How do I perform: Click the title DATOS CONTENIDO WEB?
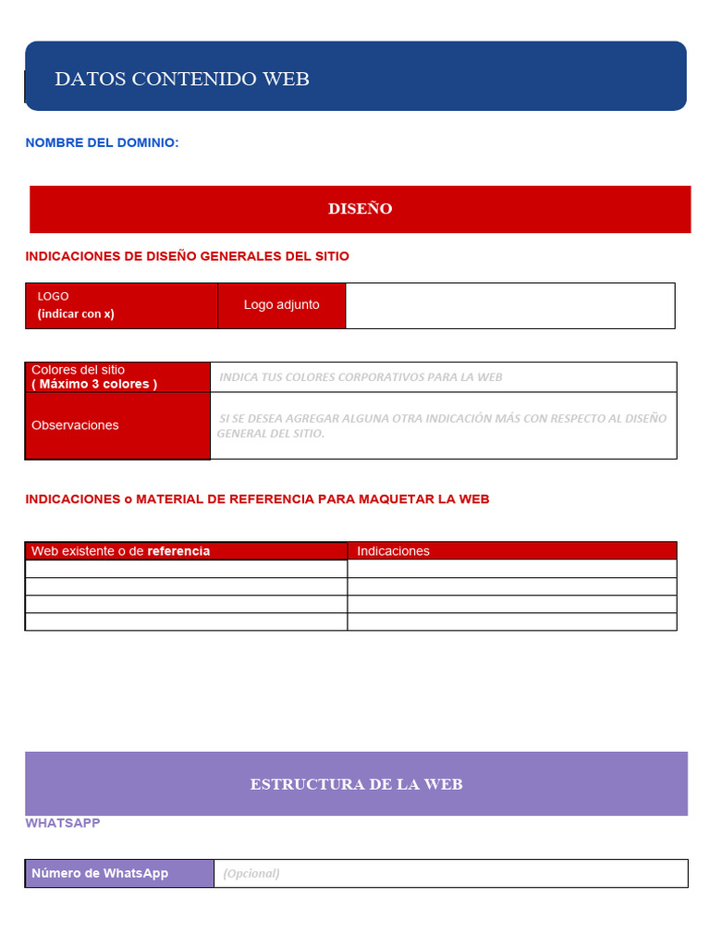tap(182, 79)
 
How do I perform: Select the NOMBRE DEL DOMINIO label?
tap(102, 142)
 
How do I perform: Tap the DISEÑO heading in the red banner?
tap(360, 209)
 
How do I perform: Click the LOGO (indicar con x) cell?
tap(121, 305)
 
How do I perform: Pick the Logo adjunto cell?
tap(281, 305)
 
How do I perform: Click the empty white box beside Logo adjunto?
tap(509, 305)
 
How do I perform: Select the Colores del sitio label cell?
tap(117, 377)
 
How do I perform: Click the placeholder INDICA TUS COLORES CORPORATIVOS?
tap(361, 377)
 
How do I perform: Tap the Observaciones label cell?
tap(117, 425)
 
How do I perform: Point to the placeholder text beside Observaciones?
tap(442, 425)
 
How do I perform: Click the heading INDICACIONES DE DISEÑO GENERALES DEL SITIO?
tap(187, 256)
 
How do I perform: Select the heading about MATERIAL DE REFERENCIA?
tap(257, 499)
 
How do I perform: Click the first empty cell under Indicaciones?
tap(511, 569)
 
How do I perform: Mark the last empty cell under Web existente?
tap(186, 621)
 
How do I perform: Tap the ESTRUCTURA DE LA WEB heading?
tap(356, 784)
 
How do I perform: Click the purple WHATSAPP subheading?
tap(63, 823)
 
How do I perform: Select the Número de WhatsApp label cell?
tap(119, 873)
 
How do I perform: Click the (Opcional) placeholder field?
tap(450, 873)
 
